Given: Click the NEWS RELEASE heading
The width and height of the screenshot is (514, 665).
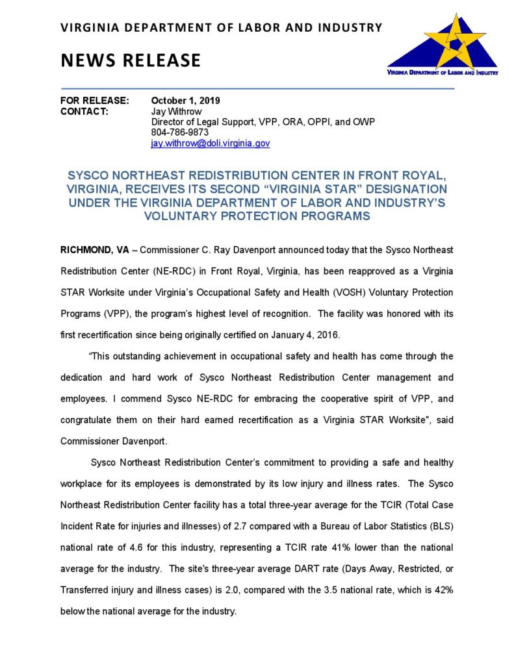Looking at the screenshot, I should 131,60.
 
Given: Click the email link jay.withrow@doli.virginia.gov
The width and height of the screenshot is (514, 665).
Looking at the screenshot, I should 210,143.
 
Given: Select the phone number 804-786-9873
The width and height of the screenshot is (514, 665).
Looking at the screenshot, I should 180,132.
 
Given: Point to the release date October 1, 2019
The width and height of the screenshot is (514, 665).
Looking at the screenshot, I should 185,101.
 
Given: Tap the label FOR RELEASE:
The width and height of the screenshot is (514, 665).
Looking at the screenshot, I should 95,101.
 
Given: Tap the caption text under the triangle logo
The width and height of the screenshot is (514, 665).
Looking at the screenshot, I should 442,73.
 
